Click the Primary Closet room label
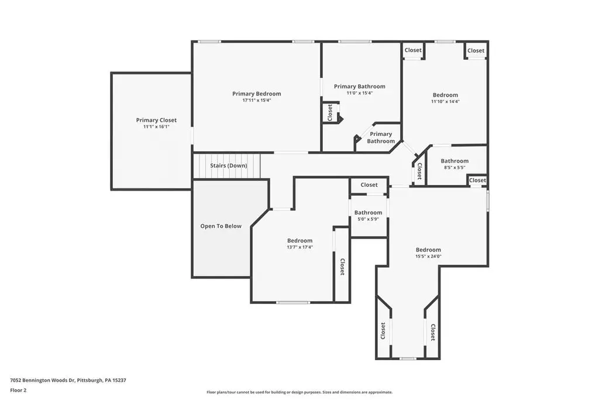156,120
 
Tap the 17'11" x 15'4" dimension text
257,100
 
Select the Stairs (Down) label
229,166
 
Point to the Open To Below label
221,226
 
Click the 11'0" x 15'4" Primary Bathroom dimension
360,93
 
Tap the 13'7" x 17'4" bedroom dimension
300,247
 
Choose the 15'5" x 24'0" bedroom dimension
428,256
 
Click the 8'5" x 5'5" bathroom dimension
455,167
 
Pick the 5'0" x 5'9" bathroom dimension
369,219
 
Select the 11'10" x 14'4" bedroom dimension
445,101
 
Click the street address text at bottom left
68,380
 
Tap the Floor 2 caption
18,390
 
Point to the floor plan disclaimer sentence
299,392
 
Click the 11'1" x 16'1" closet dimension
156,127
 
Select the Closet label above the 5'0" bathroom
369,184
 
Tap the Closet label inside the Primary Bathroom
330,112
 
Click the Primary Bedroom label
257,94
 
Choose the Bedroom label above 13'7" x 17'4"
300,241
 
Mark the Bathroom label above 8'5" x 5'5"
455,161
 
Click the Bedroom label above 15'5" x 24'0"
428,249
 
